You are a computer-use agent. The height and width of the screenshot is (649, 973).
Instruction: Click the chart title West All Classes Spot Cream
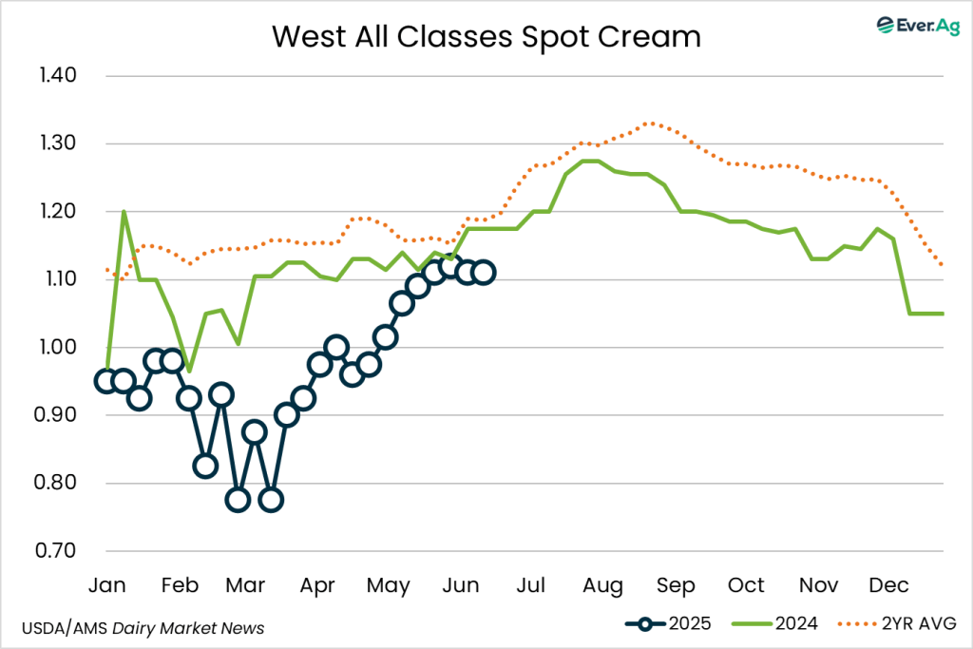coord(486,36)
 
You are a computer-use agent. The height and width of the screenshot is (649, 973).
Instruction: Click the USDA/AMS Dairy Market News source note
coord(143,628)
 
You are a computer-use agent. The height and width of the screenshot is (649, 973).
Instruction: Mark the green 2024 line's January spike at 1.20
coord(124,211)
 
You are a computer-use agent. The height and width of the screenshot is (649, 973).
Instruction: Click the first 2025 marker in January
coord(106,381)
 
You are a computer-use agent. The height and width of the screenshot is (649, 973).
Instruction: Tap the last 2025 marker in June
coord(483,273)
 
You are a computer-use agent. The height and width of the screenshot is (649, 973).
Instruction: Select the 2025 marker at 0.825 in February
coord(205,466)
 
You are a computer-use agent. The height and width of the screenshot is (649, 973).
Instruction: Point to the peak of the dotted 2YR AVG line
coord(649,123)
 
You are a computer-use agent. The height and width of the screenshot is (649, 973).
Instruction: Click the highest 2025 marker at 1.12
coord(450,266)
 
